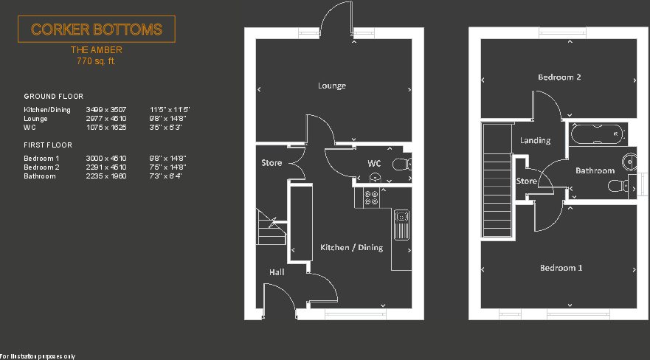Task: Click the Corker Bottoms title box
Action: (96, 30)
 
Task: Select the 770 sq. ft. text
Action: (96, 62)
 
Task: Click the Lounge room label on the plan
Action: (332, 86)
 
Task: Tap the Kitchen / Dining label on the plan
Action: (351, 248)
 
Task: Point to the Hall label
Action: (277, 272)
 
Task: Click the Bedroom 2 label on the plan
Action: (559, 77)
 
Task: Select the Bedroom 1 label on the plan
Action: (561, 268)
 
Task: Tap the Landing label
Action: (535, 140)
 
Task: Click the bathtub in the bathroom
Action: (598, 134)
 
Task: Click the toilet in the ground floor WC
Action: (401, 164)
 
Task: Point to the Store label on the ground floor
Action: (272, 163)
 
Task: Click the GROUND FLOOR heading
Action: (54, 97)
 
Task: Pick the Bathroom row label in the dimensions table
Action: (40, 176)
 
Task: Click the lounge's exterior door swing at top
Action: (336, 16)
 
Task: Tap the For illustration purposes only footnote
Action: (38, 356)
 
